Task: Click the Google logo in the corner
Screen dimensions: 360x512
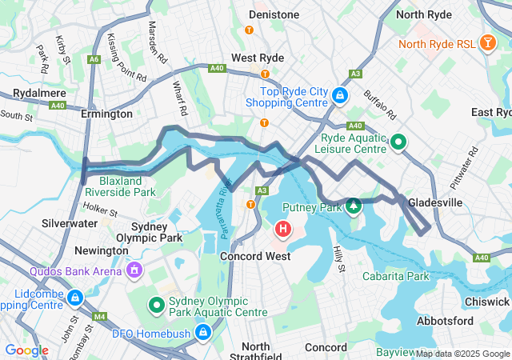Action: [x=26, y=350]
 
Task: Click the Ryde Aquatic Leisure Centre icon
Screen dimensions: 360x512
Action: [x=398, y=142]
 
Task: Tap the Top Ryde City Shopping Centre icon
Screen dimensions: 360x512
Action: [x=340, y=96]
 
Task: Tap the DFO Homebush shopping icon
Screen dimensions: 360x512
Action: [x=203, y=330]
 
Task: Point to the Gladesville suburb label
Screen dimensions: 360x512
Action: [x=435, y=203]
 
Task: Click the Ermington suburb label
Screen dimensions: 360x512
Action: [x=106, y=114]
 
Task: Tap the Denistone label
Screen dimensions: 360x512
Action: [x=274, y=14]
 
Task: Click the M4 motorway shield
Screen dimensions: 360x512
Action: [x=100, y=316]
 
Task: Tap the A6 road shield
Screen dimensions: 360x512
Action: [x=94, y=58]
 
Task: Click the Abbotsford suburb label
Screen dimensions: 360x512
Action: [x=444, y=321]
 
